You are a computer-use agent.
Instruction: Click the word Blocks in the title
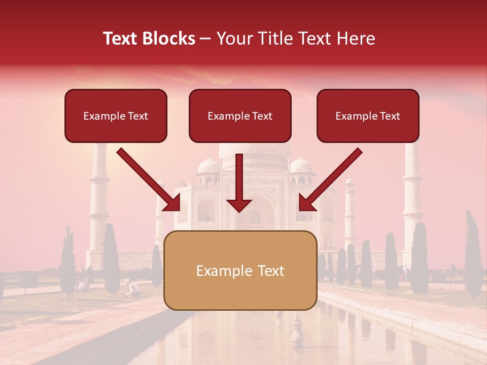point(168,39)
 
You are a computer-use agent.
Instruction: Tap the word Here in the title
point(357,39)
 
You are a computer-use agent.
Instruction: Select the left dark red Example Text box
point(116,116)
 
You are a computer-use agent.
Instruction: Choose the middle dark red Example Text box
point(240,116)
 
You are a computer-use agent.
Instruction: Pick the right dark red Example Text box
point(368,116)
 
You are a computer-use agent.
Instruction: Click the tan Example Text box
point(240,270)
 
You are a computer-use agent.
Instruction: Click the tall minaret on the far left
point(99,203)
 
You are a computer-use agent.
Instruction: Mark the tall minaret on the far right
point(412,198)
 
